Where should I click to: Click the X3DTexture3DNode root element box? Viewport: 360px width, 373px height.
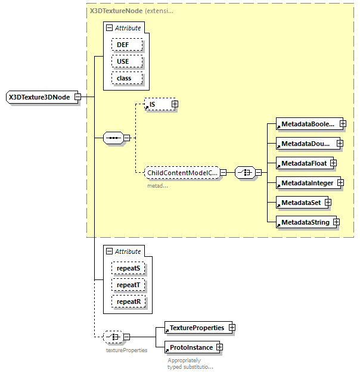39,97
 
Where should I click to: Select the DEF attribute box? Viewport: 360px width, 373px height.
122,45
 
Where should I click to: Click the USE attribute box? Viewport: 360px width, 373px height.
122,61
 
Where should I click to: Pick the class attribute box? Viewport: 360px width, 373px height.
124,78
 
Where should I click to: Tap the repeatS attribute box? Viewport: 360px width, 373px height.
128,268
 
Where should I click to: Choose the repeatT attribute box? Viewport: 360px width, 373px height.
128,285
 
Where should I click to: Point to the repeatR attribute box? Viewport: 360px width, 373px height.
128,301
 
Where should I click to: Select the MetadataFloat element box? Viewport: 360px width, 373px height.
303,163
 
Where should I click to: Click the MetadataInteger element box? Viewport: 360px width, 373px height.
308,183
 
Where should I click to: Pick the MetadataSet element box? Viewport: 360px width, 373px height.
300,203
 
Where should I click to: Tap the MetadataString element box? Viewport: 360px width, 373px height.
304,222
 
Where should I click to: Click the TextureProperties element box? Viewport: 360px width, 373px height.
196,328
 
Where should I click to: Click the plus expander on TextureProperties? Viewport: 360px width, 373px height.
232,328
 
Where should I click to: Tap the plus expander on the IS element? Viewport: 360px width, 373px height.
175,104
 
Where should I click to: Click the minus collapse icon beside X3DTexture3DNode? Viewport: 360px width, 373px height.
77,97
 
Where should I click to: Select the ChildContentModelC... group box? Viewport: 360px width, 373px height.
182,172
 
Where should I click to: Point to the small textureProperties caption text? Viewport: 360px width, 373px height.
126,350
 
